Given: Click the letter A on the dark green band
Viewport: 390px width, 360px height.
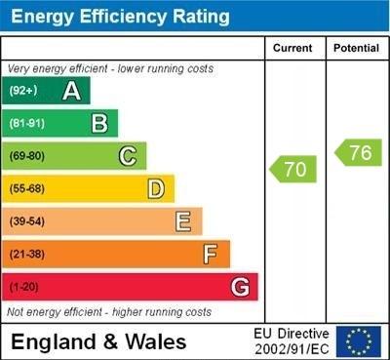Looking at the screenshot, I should (71, 91).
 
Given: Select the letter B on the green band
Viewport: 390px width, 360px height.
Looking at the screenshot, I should (99, 123).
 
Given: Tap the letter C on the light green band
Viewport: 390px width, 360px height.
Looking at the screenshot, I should (127, 156).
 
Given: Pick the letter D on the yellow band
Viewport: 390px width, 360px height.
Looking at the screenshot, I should (155, 188).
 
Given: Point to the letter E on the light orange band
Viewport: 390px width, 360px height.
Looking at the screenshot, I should (183, 221).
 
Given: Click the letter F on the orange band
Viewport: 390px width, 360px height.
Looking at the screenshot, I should (210, 255).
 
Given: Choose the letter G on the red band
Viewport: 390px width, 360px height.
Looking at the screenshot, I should (240, 287).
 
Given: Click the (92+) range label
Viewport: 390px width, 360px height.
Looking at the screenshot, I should (22, 91).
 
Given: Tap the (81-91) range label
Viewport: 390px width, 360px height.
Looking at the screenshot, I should (26, 124).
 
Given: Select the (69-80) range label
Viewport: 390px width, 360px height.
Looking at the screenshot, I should (26, 156).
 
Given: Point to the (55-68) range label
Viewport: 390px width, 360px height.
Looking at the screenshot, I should (26, 189).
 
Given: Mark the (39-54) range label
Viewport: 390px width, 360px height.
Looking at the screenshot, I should (26, 222).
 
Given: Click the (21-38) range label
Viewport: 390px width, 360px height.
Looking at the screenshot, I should (26, 255).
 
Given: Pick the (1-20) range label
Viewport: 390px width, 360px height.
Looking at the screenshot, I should (24, 288).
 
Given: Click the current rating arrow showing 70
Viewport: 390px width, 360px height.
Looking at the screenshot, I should (292, 169).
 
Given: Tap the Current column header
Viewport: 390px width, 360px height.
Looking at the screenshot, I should (292, 48).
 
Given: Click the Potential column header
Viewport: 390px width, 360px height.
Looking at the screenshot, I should (355, 48).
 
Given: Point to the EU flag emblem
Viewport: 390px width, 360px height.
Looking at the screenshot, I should (359, 340).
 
